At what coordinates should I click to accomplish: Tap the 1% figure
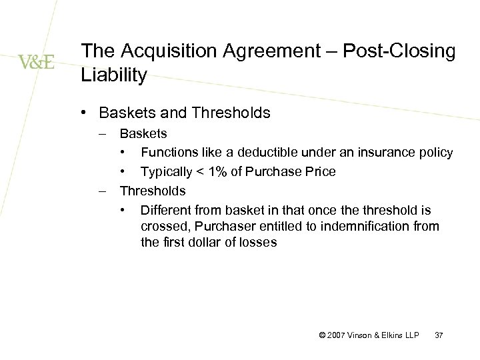click(x=215, y=172)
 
